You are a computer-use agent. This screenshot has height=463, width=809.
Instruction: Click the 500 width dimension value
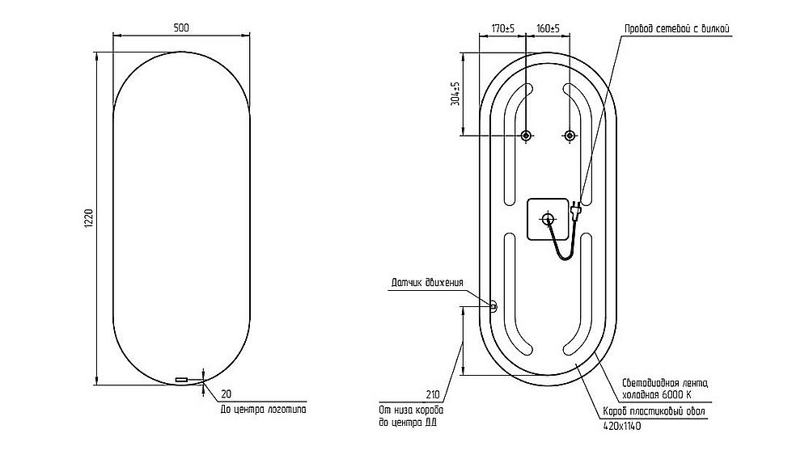click(181, 28)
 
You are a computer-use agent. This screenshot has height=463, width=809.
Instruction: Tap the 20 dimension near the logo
click(226, 394)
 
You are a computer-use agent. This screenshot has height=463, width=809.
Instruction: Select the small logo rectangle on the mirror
click(180, 379)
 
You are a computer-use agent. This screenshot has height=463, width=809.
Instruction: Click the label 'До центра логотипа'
click(263, 410)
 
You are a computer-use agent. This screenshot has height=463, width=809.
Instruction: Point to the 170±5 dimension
click(503, 29)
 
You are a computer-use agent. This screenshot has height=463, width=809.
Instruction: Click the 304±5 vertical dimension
click(455, 94)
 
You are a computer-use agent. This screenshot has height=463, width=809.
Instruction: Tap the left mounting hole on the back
click(526, 136)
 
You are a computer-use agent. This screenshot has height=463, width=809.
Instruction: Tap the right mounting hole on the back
click(570, 136)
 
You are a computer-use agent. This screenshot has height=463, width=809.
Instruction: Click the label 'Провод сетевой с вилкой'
click(677, 29)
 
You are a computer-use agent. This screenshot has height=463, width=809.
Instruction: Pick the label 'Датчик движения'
click(427, 283)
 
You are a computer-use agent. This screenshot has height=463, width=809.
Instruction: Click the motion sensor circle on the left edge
click(493, 305)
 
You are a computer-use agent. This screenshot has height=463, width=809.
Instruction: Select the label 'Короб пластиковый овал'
click(654, 412)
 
